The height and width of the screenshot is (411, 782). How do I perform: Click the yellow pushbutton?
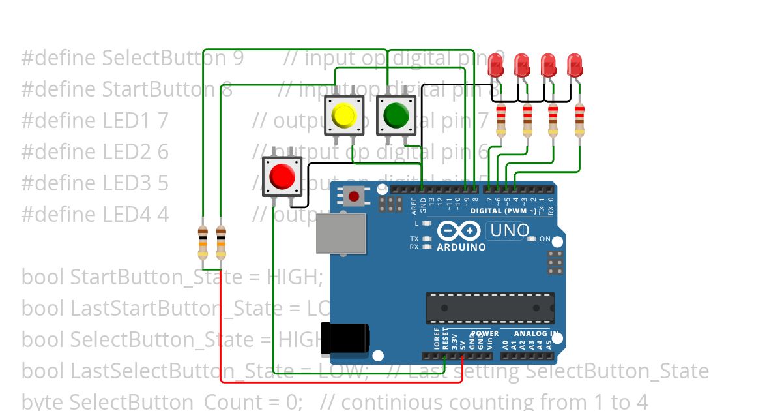point(343,115)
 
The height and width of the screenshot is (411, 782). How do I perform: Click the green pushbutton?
point(396,115)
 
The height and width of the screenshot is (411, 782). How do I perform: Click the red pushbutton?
point(282,176)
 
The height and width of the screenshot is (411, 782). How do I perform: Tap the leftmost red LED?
point(496,65)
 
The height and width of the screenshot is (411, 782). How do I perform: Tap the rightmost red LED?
point(575,65)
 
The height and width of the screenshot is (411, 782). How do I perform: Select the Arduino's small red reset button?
point(355,196)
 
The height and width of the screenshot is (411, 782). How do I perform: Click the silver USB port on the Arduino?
point(340,233)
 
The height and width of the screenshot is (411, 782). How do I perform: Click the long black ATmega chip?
point(490,308)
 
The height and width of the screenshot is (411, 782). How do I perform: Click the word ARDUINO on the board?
point(461,247)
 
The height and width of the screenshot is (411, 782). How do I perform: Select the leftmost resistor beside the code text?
point(203,242)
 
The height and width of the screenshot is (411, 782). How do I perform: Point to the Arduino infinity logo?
point(459,231)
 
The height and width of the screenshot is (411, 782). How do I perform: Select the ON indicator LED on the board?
point(531,239)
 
